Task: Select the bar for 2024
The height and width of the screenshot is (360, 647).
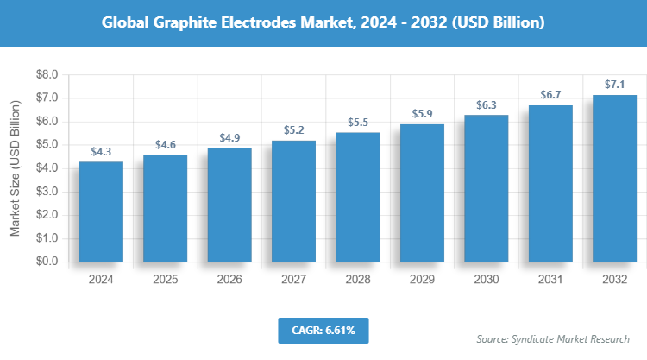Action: pos(101,212)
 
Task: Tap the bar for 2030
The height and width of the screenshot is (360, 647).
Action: pos(487,188)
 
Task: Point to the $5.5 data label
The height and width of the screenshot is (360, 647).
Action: pos(358,123)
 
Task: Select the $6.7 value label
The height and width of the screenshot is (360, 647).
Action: pos(550,94)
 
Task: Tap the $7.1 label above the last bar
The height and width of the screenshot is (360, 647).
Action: pos(615,84)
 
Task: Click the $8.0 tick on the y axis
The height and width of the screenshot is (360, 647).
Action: pos(46,75)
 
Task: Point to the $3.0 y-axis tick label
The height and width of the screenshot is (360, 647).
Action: pos(46,192)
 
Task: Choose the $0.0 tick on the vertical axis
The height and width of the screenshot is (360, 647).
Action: pos(46,262)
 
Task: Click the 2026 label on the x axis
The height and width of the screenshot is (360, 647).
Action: pos(229,280)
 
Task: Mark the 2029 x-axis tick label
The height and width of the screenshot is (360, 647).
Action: pos(422,280)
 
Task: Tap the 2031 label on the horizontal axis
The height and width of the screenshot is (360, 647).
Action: pos(550,280)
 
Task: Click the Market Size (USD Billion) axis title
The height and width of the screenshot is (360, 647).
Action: pos(15,168)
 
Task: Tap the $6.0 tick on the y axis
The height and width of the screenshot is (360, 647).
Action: pos(46,122)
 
